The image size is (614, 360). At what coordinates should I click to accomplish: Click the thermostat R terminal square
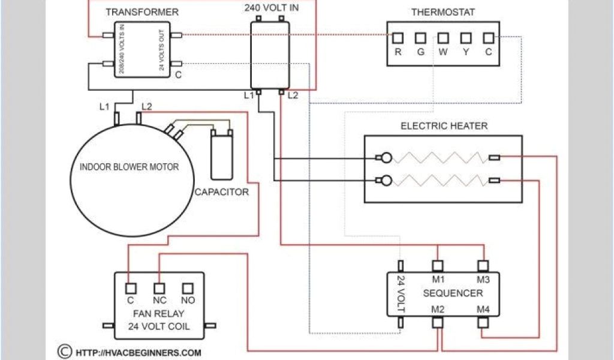click(x=398, y=38)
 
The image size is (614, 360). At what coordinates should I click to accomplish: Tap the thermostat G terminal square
click(x=420, y=38)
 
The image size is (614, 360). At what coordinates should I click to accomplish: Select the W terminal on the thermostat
click(x=443, y=38)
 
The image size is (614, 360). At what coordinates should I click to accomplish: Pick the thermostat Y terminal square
click(x=465, y=38)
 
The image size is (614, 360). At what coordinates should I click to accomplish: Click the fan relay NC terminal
click(x=159, y=289)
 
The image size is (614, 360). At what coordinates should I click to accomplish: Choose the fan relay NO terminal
click(x=188, y=289)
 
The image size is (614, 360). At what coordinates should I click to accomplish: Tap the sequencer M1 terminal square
click(x=438, y=266)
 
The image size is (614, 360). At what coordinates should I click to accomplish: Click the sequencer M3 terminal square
click(x=483, y=266)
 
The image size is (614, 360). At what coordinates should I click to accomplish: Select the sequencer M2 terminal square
click(x=438, y=322)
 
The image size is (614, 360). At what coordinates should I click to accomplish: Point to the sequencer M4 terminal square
click(x=483, y=322)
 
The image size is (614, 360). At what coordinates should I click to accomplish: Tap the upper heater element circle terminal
click(x=387, y=158)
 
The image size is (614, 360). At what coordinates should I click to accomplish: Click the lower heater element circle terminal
click(x=387, y=181)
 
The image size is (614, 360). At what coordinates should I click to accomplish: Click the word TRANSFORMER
click(x=142, y=12)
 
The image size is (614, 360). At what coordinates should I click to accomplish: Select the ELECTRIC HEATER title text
click(x=444, y=126)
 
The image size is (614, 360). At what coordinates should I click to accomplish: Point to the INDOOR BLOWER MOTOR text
click(x=130, y=167)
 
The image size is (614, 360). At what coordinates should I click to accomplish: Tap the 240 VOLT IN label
click(x=272, y=7)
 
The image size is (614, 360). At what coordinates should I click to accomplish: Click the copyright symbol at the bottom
click(x=65, y=352)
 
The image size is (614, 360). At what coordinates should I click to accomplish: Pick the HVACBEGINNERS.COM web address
click(x=139, y=353)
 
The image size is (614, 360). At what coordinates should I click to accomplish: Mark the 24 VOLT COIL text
click(x=159, y=326)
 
